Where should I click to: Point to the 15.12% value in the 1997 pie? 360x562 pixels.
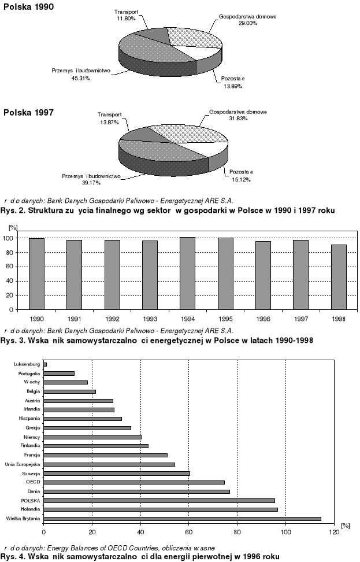(x=237, y=179)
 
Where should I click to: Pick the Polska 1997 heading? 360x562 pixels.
(x=28, y=113)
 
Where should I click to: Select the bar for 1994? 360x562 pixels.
(x=188, y=273)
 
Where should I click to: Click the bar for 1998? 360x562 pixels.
(x=339, y=277)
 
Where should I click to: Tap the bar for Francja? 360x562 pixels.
(x=105, y=455)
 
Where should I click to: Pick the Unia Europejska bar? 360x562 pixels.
(x=109, y=464)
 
